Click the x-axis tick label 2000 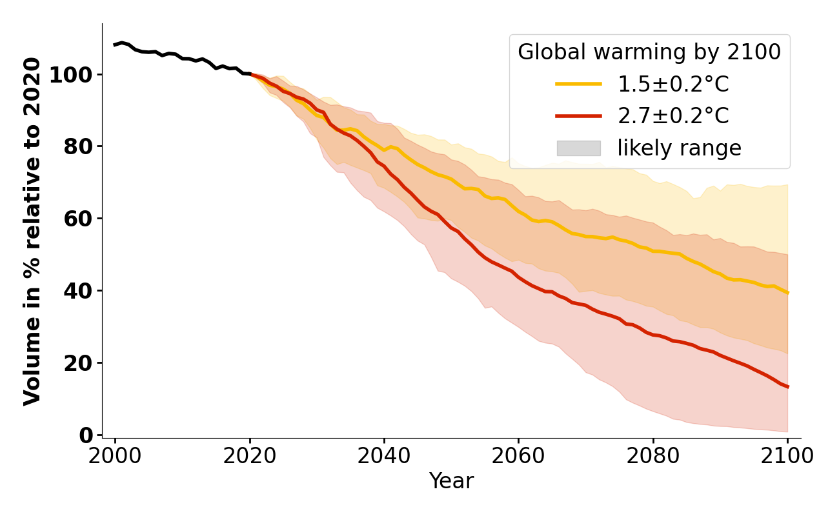coord(115,456)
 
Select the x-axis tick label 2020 coord(250,456)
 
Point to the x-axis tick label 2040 coord(384,456)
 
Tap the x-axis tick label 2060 coord(518,456)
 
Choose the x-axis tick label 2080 coord(653,456)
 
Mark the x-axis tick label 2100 coord(787,456)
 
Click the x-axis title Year coord(451,481)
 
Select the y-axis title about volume coord(32,231)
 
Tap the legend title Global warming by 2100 coord(649,52)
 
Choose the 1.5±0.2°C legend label coord(673,84)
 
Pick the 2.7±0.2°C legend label coord(673,116)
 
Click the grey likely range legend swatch coord(578,148)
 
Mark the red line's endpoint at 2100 coord(787,387)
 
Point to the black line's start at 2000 coord(115,45)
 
